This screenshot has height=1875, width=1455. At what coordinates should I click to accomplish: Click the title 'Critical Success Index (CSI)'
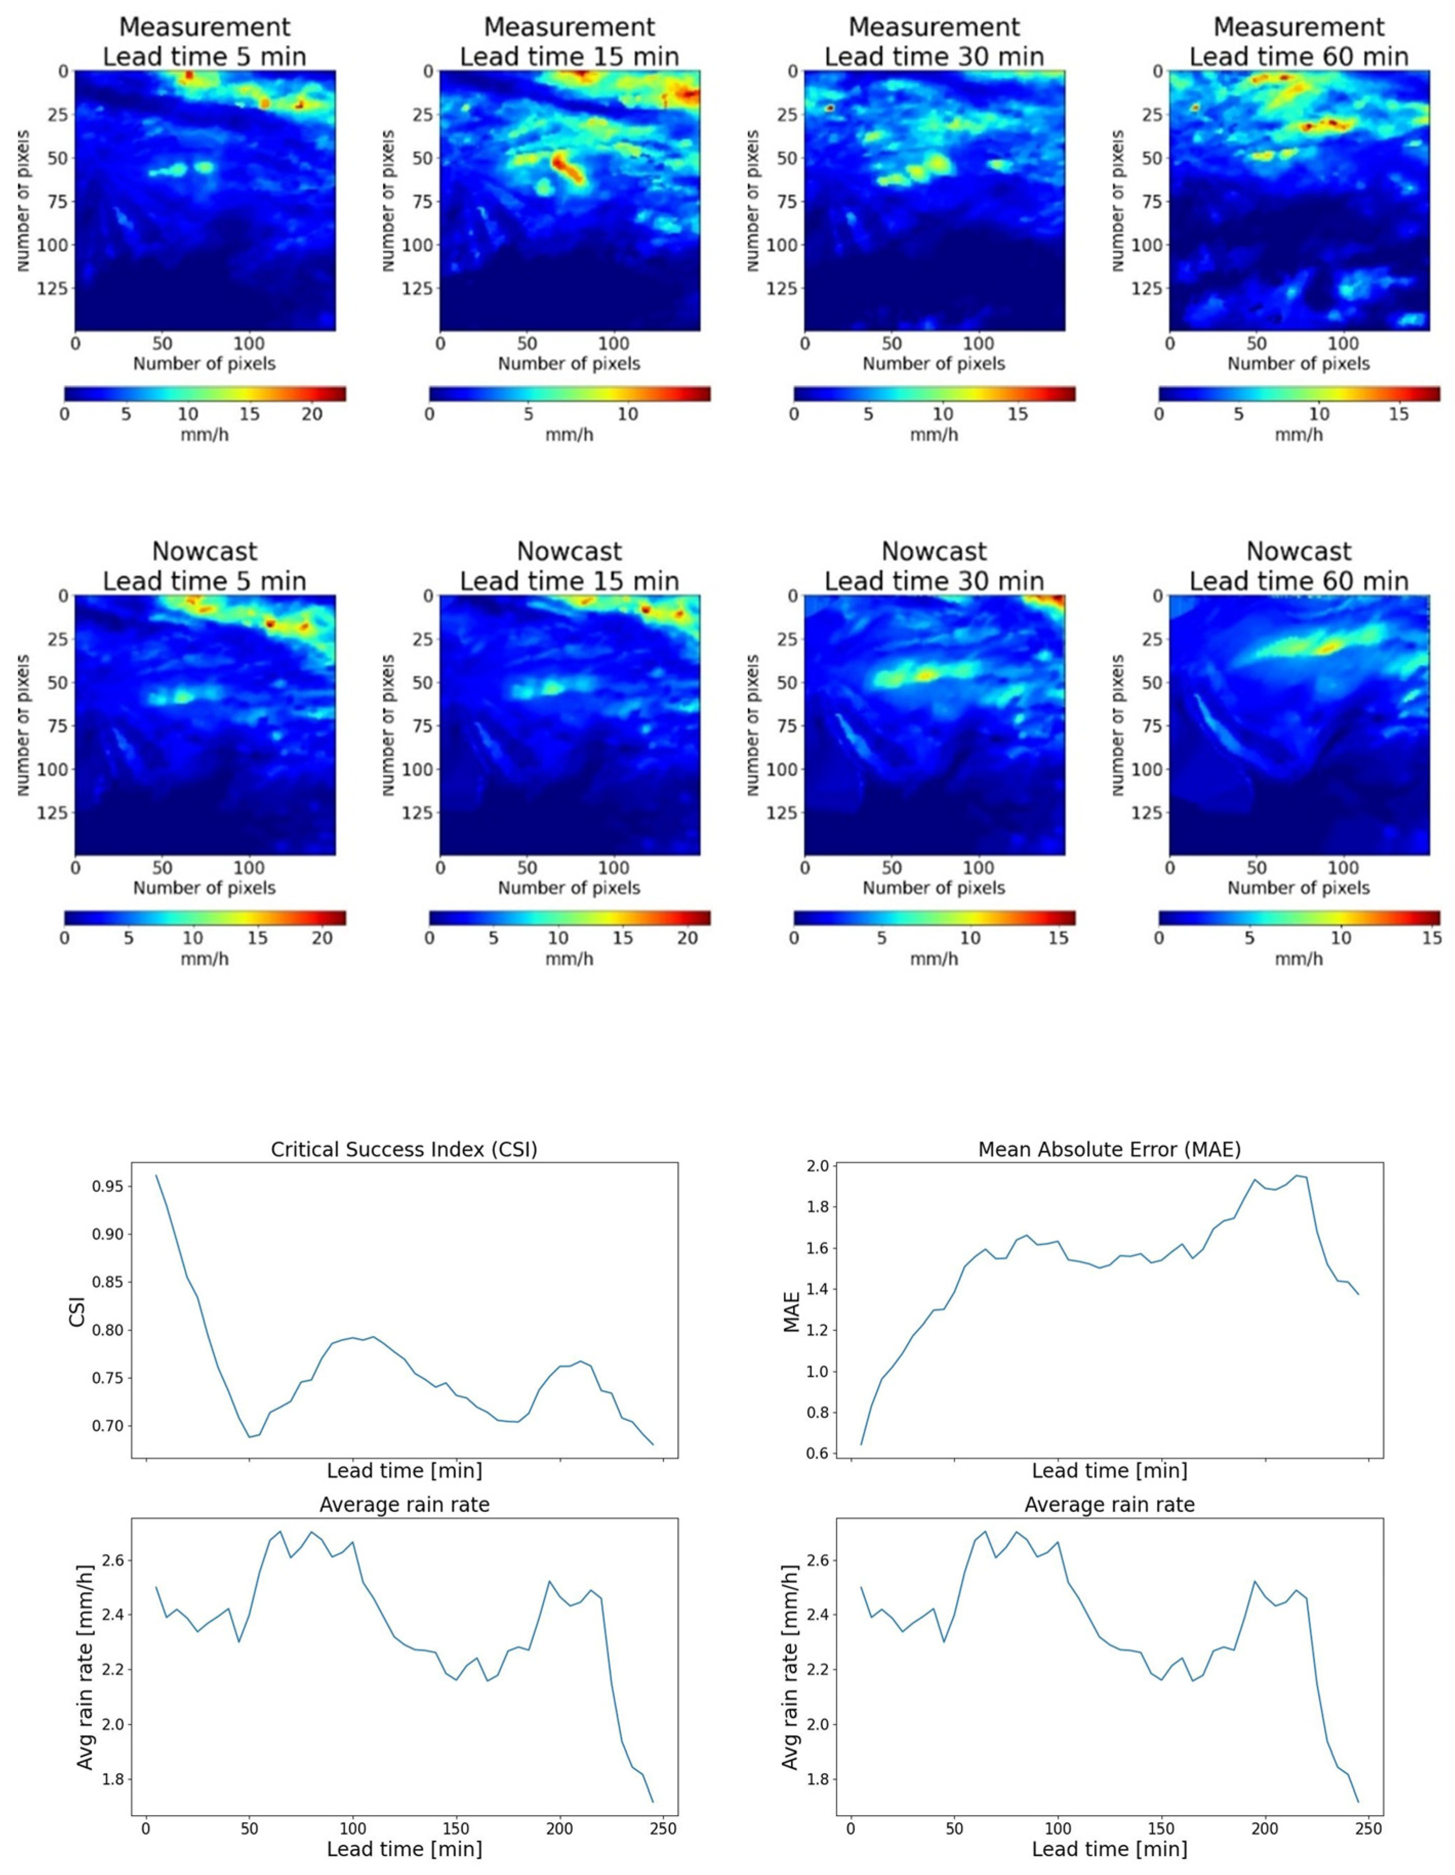coord(404,1148)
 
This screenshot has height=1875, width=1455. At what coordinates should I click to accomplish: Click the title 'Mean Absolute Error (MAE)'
coord(1109,1148)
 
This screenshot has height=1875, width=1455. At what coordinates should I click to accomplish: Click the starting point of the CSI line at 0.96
coord(156,1175)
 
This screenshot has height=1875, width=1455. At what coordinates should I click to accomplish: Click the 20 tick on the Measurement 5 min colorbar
coord(312,414)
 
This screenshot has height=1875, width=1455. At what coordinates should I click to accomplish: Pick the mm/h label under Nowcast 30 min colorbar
coord(933,958)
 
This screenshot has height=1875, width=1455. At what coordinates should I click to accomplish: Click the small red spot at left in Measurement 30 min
coord(830,108)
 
